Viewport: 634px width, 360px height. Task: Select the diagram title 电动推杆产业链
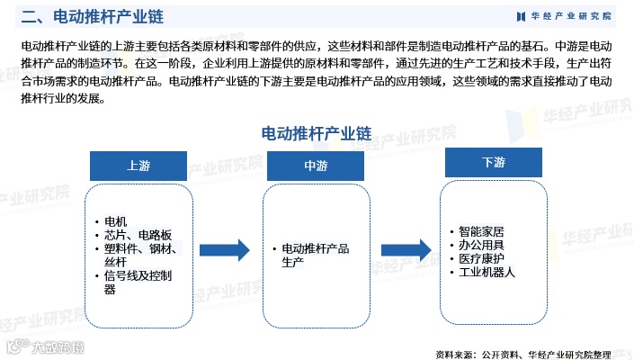(316, 132)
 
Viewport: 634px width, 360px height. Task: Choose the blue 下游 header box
(493, 162)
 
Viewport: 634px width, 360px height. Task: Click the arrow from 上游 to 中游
(224, 249)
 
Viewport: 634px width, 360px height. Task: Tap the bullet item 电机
(116, 221)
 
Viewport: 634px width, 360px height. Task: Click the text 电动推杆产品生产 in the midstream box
(315, 254)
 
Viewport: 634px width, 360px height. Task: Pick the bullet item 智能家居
(487, 231)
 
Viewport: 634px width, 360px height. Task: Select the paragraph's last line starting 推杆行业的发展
(63, 98)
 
